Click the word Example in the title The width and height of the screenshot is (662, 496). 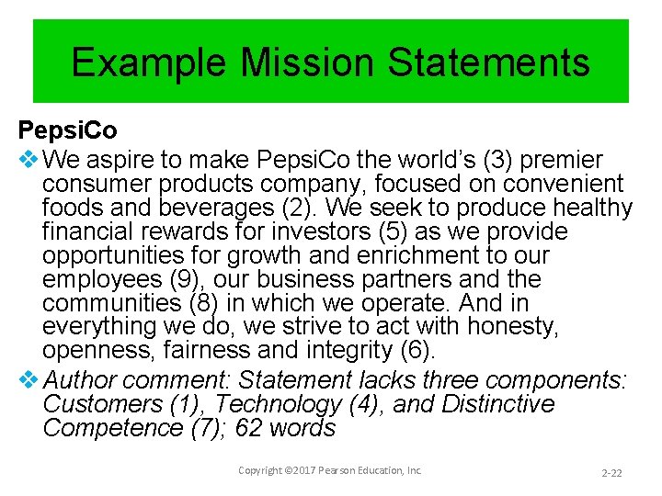[x=148, y=62]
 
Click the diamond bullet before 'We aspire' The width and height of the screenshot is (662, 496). [x=28, y=160]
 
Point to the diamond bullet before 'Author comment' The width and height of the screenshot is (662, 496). [x=28, y=380]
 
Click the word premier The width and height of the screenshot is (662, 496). [x=564, y=160]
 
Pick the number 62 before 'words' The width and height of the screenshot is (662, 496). [x=249, y=428]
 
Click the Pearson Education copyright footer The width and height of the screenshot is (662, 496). [x=330, y=470]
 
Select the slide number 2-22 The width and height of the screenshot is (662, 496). [x=611, y=472]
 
